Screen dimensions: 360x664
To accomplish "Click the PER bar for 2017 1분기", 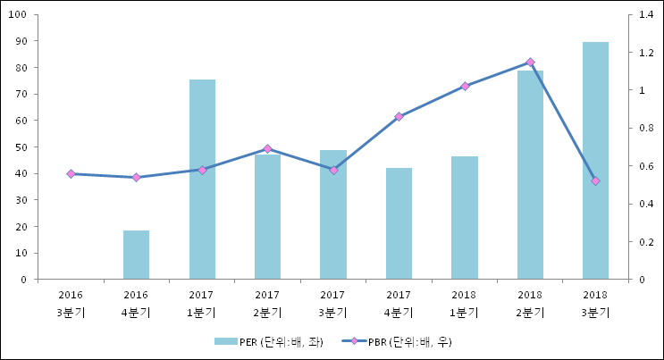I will point(202,179).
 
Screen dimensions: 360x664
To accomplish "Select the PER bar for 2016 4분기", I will point(136,255).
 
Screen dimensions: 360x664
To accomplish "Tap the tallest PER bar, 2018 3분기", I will point(595,161).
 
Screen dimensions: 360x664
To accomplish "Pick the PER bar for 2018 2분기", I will point(530,174).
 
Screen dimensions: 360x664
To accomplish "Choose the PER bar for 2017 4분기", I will point(399,223).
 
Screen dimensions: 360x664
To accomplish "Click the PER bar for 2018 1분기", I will point(464,218).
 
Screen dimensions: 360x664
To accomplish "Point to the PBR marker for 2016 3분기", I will point(71,173).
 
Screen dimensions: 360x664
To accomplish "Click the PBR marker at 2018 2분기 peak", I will point(530,62).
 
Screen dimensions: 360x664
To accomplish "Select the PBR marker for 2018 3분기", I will point(595,180).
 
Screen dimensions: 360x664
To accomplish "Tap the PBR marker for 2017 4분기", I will point(399,116).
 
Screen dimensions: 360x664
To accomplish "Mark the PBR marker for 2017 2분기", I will point(267,148).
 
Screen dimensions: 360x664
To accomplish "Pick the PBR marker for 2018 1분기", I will point(465,86).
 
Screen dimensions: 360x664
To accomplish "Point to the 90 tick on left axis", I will point(20,41).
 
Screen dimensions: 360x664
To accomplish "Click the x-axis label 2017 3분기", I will point(332,303).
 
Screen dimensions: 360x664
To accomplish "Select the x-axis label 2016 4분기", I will point(136,303).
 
